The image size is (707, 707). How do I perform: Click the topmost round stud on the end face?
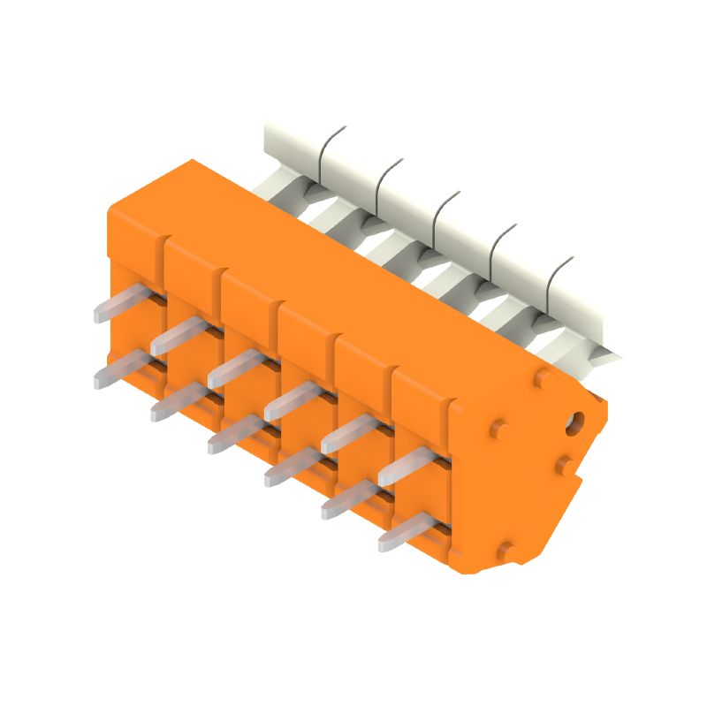pyautogui.click(x=541, y=379)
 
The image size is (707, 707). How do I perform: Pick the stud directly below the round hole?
pyautogui.click(x=562, y=464)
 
